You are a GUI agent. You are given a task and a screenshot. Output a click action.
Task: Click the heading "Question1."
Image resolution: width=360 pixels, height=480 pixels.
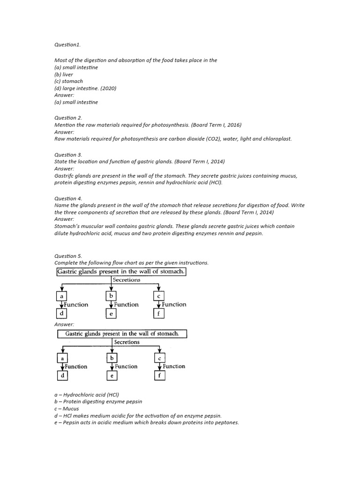tap(67, 45)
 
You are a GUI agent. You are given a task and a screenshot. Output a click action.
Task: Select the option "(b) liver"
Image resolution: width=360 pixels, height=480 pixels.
tap(64, 74)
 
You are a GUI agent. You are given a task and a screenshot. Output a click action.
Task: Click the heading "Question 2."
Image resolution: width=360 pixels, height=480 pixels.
tap(68, 118)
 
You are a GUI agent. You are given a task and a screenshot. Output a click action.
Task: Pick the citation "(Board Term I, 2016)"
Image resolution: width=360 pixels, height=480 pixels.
tap(216, 125)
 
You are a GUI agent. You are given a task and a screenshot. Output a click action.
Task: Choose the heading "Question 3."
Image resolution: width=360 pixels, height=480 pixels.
tap(68, 154)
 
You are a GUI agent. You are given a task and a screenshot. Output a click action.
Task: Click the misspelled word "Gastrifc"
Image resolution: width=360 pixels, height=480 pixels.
tap(64, 175)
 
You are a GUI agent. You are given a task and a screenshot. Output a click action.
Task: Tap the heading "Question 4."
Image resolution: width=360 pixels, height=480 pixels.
tap(68, 198)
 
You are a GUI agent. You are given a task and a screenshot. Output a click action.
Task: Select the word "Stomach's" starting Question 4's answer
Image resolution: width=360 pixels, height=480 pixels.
tap(67, 226)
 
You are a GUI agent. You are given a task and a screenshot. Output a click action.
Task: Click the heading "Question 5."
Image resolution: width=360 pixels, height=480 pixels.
tap(68, 256)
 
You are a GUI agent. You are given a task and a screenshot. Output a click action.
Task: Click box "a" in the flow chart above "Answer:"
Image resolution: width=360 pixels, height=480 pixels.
tap(61, 296)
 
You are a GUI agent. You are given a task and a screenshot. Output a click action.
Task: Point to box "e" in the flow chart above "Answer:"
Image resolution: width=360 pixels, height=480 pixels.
tap(111, 314)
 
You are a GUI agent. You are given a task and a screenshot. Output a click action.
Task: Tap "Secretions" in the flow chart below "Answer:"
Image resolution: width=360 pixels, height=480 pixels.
tap(127, 342)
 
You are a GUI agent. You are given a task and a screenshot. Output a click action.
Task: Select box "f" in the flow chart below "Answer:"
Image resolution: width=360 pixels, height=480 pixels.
tap(160, 375)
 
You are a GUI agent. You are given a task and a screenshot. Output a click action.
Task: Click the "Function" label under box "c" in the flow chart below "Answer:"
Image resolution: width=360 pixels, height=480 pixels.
tap(174, 366)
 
